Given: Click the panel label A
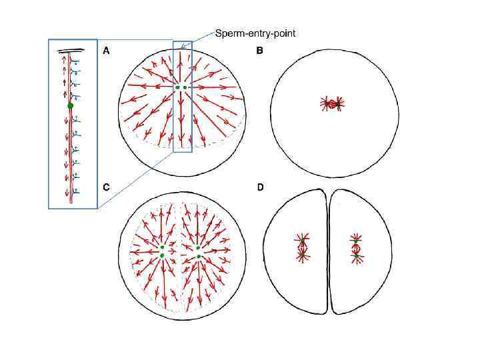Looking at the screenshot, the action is [106, 50].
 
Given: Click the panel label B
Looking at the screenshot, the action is [260, 50].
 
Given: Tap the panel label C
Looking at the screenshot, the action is [106, 187].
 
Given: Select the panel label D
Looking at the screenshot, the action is [260, 187].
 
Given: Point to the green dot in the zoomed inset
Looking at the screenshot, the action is [70, 105].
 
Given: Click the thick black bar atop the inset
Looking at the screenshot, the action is [71, 49].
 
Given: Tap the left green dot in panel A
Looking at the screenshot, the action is [177, 87].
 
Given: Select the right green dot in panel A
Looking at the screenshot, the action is [185, 87].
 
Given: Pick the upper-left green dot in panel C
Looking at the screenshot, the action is [163, 248].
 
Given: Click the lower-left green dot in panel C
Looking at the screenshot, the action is [162, 256].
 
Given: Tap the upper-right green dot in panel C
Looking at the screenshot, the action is [199, 248].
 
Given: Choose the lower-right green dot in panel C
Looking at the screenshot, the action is [199, 257].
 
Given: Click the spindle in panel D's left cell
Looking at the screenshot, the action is [302, 247].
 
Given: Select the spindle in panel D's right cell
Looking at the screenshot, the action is [357, 247].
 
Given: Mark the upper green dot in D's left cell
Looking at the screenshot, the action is [302, 241].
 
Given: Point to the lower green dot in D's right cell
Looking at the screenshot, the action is [357, 255].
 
